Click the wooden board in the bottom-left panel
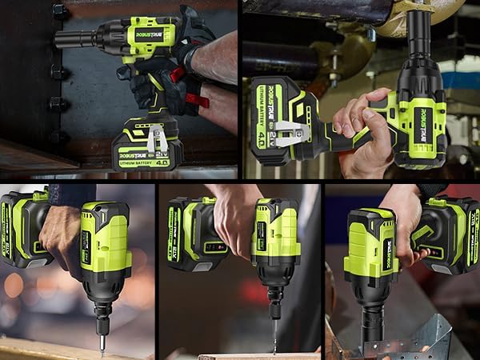click(x=48, y=350)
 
